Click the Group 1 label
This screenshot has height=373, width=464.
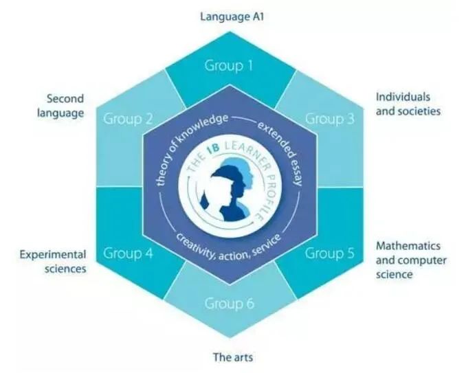point(229,67)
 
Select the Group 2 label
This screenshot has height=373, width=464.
point(128,118)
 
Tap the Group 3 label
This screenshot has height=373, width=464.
point(330,118)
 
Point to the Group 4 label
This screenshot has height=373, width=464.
point(128,253)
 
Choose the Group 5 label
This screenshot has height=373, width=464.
point(330,253)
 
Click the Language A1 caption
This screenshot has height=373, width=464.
point(231,14)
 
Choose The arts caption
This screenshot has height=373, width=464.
point(231,357)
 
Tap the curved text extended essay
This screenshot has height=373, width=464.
point(274,137)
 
